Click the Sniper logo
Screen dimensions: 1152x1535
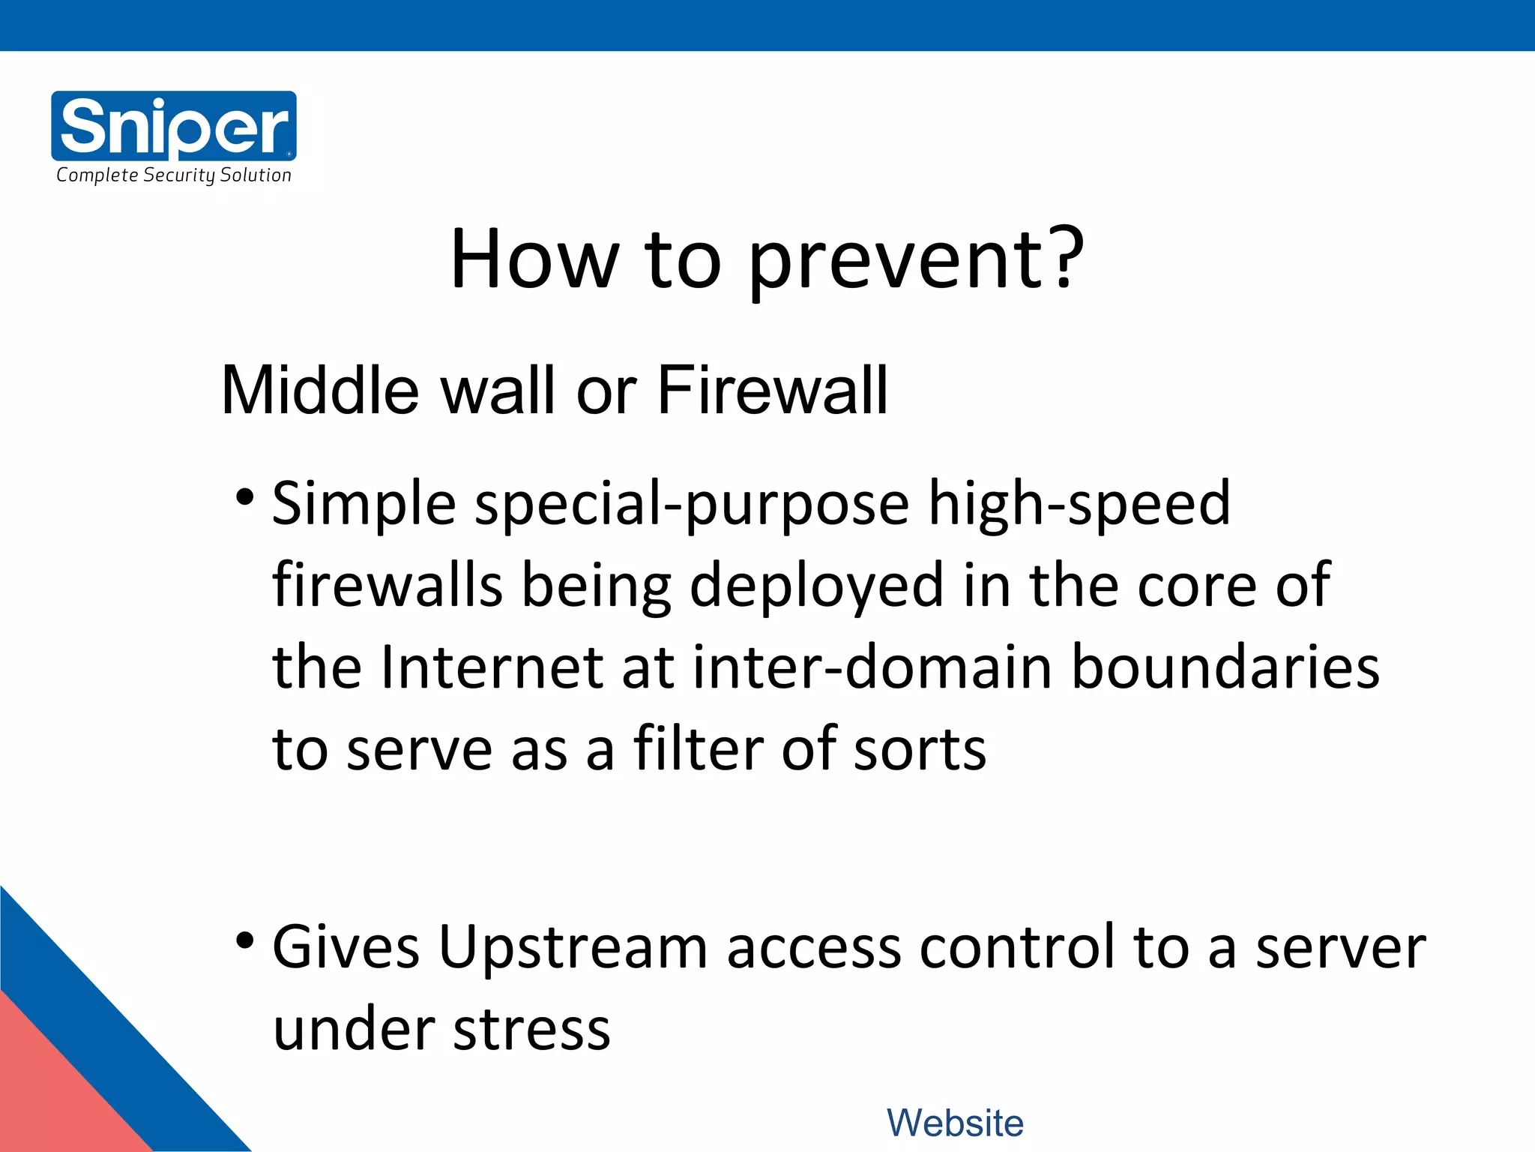(x=174, y=125)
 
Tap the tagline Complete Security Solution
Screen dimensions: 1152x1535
(x=174, y=175)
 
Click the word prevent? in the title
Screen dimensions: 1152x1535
(x=916, y=260)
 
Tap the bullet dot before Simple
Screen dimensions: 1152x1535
(x=244, y=497)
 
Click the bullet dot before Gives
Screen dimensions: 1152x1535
(x=244, y=940)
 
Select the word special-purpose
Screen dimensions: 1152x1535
(x=692, y=504)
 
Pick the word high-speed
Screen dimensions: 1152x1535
(x=1079, y=504)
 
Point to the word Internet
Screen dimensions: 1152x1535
(x=492, y=667)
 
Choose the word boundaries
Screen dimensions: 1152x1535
(x=1225, y=667)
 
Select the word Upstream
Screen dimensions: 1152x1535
(x=573, y=947)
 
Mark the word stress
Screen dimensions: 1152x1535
(x=531, y=1029)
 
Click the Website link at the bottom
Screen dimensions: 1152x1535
(x=955, y=1123)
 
